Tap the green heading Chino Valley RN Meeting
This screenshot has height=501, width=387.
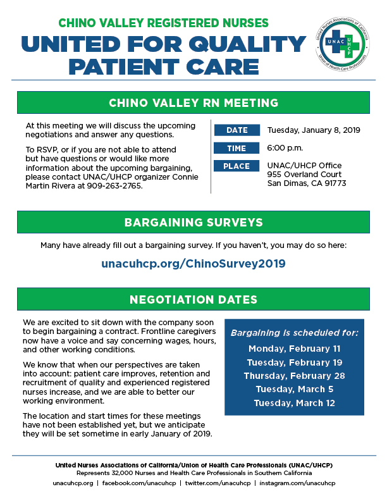click(193, 102)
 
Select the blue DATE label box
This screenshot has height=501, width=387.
click(237, 130)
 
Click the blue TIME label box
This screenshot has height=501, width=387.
click(237, 149)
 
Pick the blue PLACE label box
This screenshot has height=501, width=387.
click(237, 166)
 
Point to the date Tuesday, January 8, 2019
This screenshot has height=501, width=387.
click(314, 130)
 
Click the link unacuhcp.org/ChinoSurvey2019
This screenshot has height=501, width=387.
click(193, 264)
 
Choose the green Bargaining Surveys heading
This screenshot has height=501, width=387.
click(193, 223)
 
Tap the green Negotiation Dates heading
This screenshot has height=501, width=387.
click(193, 299)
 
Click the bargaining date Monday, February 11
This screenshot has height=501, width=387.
click(295, 349)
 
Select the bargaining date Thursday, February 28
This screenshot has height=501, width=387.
click(295, 376)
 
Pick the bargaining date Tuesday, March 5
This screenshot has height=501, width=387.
click(295, 390)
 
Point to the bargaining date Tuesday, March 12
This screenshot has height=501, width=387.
click(295, 404)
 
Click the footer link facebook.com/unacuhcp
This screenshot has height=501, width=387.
click(139, 483)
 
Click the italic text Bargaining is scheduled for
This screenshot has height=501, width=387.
click(295, 332)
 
